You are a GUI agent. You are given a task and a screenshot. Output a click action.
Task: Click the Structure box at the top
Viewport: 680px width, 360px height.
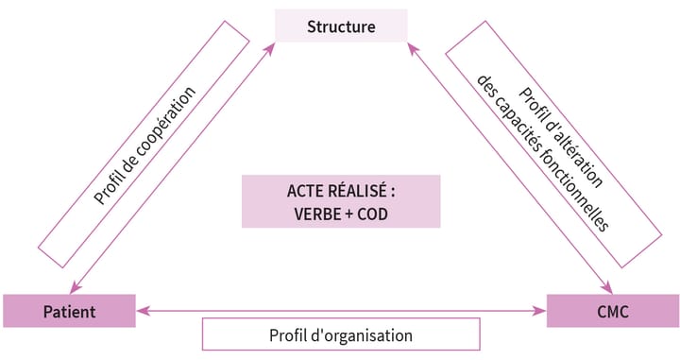[341, 26]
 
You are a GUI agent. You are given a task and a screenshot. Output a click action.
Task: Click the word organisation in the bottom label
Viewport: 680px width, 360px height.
[370, 334]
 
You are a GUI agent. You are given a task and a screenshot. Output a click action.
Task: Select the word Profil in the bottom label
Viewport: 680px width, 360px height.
[289, 334]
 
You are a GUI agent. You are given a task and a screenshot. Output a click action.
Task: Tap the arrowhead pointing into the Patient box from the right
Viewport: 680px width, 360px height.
[141, 309]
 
